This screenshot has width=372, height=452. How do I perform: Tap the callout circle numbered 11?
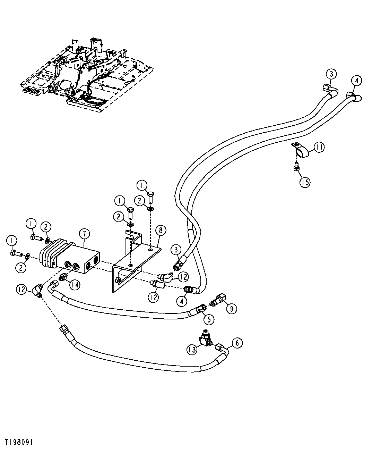click(x=319, y=148)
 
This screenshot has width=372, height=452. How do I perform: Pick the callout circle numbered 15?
click(x=305, y=182)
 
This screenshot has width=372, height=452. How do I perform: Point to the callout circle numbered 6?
click(x=237, y=343)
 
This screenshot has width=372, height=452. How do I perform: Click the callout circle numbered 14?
click(x=74, y=285)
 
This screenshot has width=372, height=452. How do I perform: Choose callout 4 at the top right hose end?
click(x=356, y=81)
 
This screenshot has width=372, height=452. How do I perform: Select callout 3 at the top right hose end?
click(x=331, y=74)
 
